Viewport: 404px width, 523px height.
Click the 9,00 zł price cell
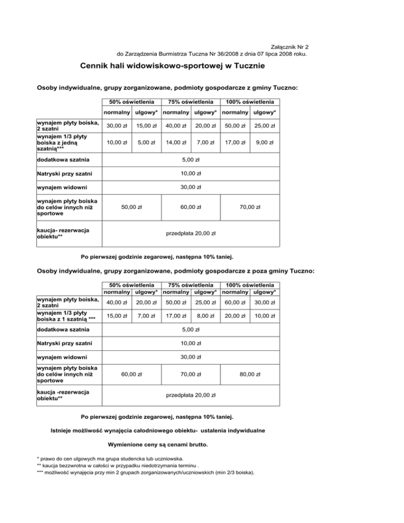pyautogui.click(x=265, y=142)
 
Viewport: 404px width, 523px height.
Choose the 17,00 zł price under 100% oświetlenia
pyautogui.click(x=233, y=142)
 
